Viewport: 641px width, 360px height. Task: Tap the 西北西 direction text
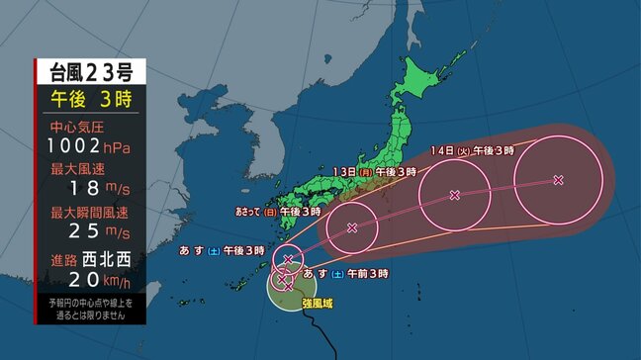click(x=109, y=258)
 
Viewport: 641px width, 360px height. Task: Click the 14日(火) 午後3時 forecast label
click(x=473, y=150)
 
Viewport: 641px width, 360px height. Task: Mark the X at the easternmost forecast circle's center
click(x=558, y=179)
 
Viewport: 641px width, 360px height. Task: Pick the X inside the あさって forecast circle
click(x=352, y=227)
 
